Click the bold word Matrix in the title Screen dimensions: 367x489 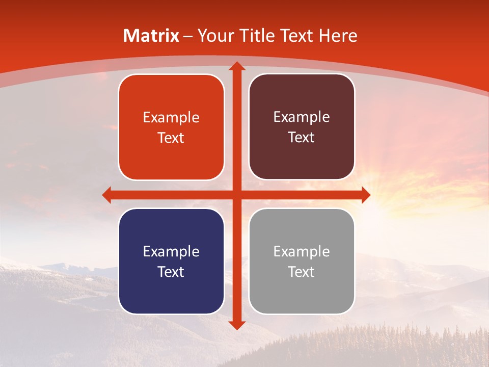coord(151,36)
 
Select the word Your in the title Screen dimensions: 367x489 coord(215,36)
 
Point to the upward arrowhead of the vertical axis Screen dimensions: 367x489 coord(236,66)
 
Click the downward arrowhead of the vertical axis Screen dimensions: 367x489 coord(236,325)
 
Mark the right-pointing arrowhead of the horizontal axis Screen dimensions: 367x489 coord(365,195)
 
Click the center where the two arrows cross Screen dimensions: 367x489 coord(236,195)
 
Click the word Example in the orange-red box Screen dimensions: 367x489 coord(171,118)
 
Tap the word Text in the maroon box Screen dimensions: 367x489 coord(302,138)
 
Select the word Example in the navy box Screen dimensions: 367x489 coord(171,252)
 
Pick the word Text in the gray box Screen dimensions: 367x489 coord(302,272)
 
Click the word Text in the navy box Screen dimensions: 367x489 coord(171,272)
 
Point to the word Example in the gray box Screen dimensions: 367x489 coord(302,252)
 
